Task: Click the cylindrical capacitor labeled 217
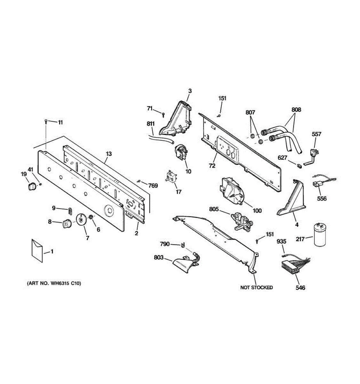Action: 320,235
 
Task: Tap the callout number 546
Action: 300,288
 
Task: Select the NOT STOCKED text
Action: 256,287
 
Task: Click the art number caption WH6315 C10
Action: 54,283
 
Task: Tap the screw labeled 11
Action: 46,121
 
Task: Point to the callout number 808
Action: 296,109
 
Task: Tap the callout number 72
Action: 212,165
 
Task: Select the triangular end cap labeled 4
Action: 290,201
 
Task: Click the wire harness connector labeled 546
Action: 290,266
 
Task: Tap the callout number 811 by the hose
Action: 151,124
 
